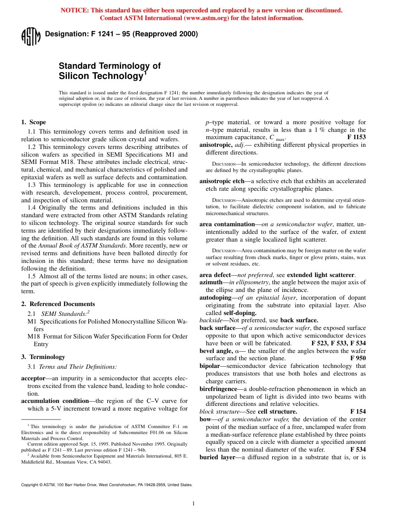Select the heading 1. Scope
(34, 122)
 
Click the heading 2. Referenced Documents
(58, 304)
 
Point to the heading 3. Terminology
(43, 357)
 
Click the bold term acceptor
(33, 379)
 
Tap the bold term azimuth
(211, 282)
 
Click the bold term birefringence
(218, 389)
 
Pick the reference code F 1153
(356, 137)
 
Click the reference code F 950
(358, 358)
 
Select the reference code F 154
(358, 411)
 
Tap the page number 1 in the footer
(194, 504)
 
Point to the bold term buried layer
(217, 457)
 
